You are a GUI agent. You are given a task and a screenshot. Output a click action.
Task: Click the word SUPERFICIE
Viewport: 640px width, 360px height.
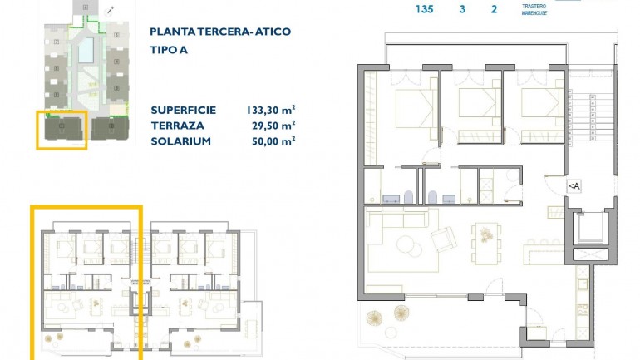(184, 110)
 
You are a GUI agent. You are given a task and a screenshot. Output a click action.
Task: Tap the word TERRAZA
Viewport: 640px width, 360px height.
(175, 126)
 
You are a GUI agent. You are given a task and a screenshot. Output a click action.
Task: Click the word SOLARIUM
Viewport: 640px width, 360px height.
(180, 141)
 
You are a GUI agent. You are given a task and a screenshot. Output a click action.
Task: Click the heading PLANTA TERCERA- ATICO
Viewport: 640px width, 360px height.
(219, 32)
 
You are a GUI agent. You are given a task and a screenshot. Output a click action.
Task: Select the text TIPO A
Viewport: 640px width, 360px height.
(168, 49)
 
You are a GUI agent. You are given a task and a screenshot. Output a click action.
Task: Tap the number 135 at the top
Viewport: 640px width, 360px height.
(424, 10)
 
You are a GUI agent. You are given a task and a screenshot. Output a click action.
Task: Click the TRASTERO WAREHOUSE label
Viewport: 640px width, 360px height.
(534, 10)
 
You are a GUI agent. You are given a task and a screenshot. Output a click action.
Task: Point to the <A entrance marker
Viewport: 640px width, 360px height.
(574, 186)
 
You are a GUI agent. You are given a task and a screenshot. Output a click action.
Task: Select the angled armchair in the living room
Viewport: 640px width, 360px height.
(442, 239)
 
